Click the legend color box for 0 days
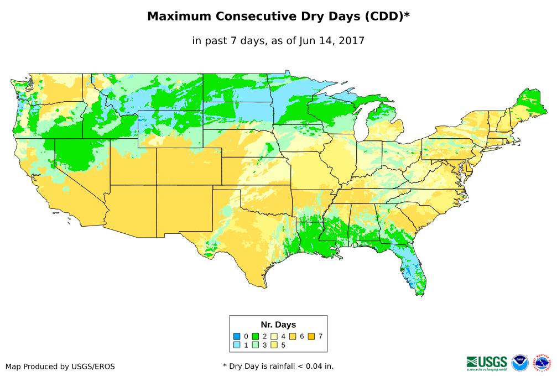[x=237, y=336]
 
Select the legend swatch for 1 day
[x=237, y=346]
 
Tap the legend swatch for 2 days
[x=256, y=336]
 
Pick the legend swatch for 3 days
[x=256, y=346]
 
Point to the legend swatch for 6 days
[x=293, y=336]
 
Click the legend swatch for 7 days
[x=312, y=336]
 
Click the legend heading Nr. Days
[x=278, y=325]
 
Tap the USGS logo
[x=487, y=363]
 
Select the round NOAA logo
[x=520, y=363]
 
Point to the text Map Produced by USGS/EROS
[x=60, y=367]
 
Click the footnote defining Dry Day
[x=278, y=366]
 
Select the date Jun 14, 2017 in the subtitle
[x=332, y=40]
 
